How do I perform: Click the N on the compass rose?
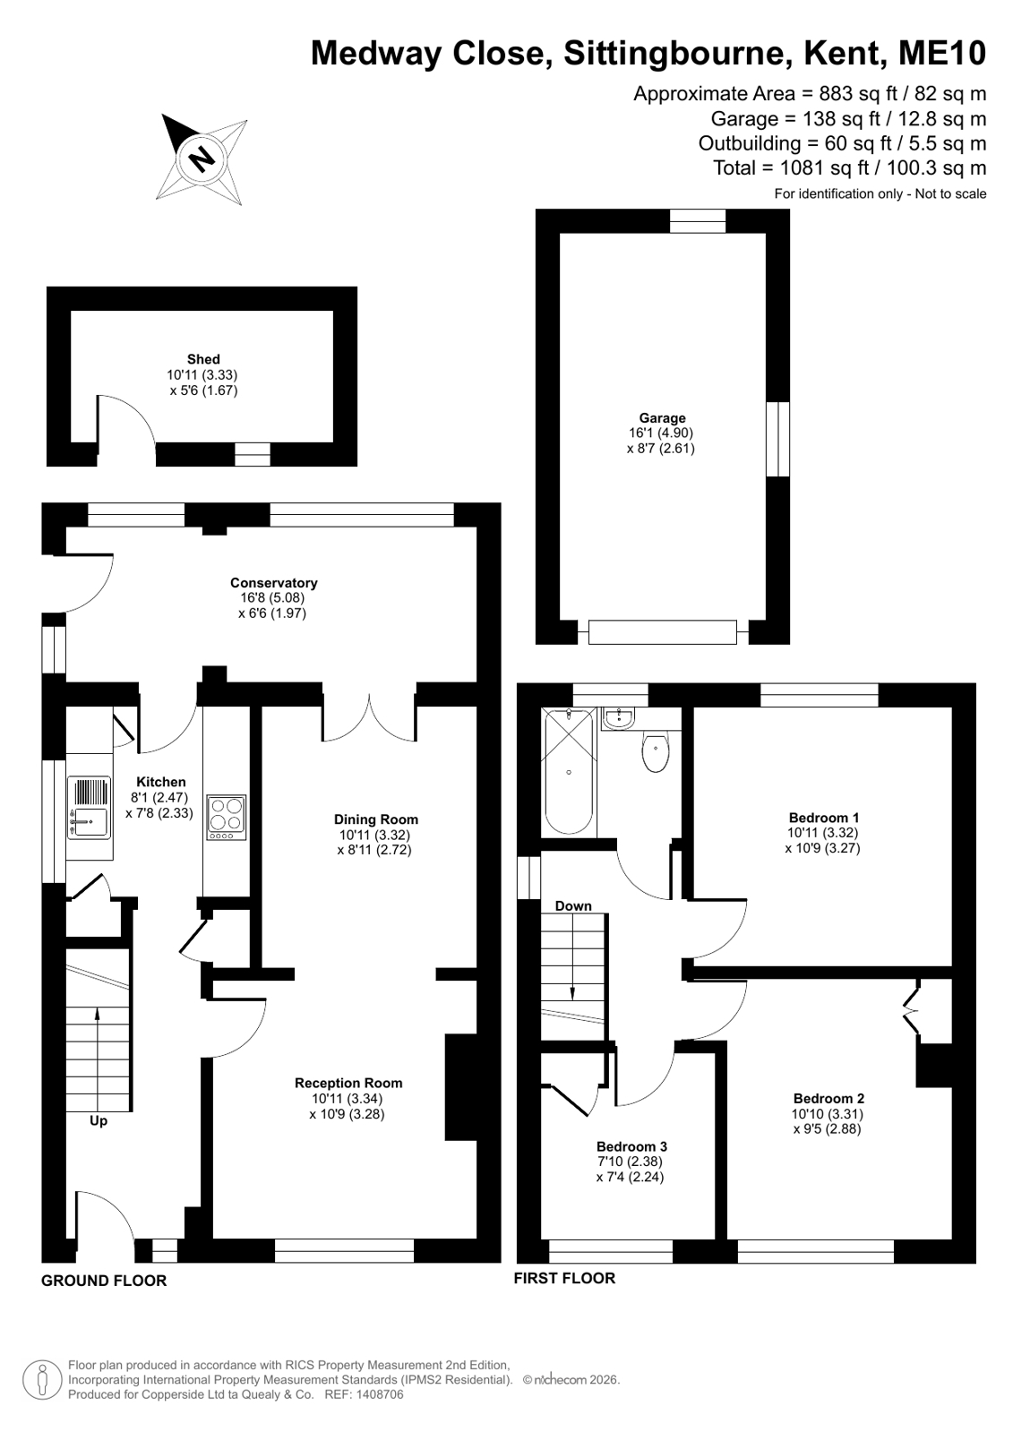pos(202,156)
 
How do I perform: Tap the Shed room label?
pos(203,359)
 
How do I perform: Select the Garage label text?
pos(662,418)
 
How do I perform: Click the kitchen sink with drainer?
pos(89,808)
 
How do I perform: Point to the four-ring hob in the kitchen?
pos(227,818)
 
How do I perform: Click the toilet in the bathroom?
pos(656,752)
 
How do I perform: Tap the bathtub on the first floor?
pos(569,771)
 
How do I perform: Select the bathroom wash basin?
pos(619,718)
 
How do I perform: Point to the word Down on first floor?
pos(573,906)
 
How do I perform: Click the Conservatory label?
pos(274,583)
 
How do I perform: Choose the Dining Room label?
pos(376,819)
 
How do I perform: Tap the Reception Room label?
pos(348,1083)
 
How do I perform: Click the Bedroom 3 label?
pos(631,1147)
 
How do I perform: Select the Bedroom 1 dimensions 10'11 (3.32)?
pos(822,833)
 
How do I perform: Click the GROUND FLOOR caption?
pos(104,1281)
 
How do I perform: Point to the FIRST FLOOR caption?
pos(564,1278)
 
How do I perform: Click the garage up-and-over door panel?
pos(663,632)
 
